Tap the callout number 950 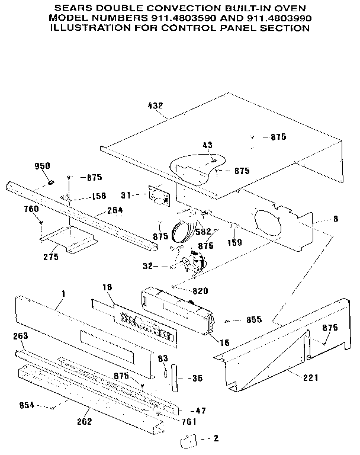pyautogui.click(x=42, y=165)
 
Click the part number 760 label pyautogui.click(x=31, y=209)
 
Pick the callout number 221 pyautogui.click(x=294, y=377)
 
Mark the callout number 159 pyautogui.click(x=236, y=242)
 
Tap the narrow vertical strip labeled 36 pyautogui.click(x=174, y=378)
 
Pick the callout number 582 pyautogui.click(x=203, y=231)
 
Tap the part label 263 pyautogui.click(x=21, y=336)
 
